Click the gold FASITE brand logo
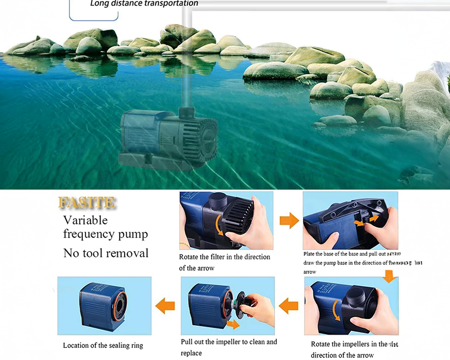pos(86,202)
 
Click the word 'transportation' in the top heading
pos(169,4)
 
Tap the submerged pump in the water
pos(169,138)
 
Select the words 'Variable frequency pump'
pos(105,227)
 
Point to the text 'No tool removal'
pos(106,253)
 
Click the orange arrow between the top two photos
pos(289,220)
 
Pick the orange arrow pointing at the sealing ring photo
pos(165,306)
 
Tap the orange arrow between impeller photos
pos(288,306)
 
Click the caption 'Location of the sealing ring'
pos(103,346)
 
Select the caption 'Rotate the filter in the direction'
pos(225,257)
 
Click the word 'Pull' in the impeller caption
pos(188,342)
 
